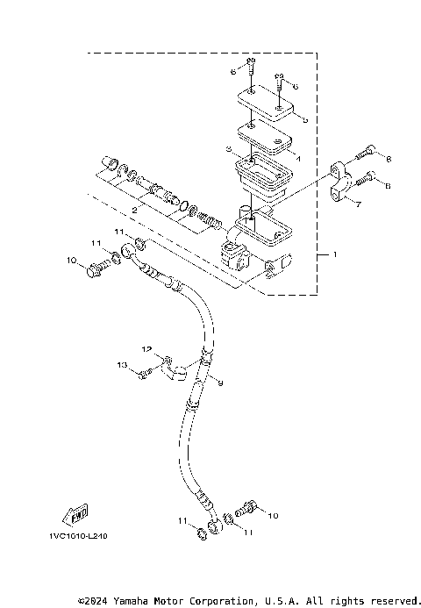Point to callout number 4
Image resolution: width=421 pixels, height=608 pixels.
[299, 159]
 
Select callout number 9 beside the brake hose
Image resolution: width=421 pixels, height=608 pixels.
[221, 383]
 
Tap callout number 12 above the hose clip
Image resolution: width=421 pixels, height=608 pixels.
[148, 349]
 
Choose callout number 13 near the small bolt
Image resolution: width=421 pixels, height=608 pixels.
[122, 364]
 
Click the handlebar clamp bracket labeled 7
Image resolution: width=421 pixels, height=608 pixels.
[343, 181]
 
